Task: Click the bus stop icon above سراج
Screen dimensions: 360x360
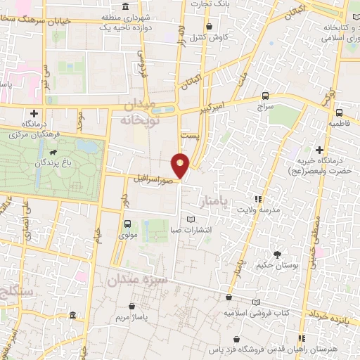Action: (265, 96)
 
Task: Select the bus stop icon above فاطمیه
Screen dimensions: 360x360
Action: (339, 112)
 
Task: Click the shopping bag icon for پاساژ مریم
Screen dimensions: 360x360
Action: (132, 307)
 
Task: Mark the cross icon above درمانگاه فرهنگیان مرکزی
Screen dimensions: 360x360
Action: (33, 112)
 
